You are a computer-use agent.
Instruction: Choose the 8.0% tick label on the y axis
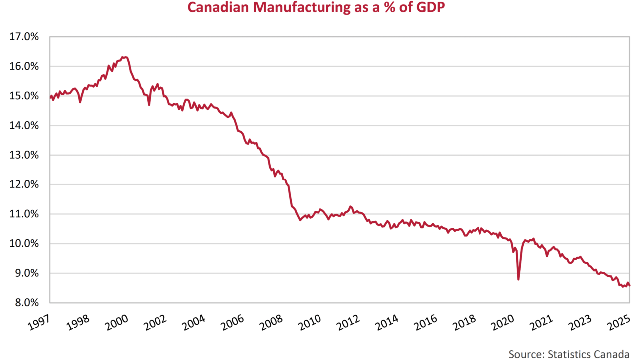click(26, 303)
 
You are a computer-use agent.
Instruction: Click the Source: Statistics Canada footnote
click(568, 354)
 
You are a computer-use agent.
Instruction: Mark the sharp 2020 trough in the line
click(518, 279)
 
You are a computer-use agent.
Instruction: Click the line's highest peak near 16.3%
click(125, 57)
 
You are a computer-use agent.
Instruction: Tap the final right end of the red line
click(629, 285)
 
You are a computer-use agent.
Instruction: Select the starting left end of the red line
click(51, 97)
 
